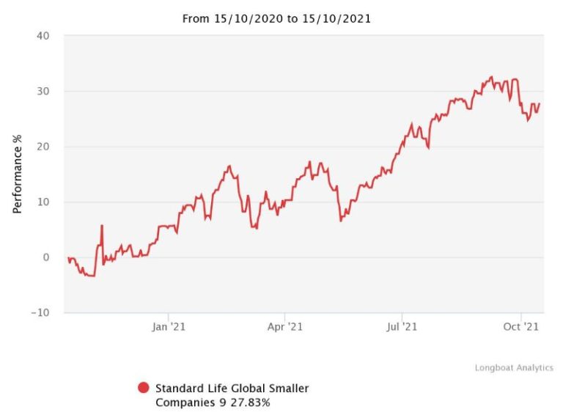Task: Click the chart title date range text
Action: (x=276, y=19)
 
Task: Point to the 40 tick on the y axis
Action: (x=44, y=36)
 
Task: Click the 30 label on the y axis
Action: (x=44, y=92)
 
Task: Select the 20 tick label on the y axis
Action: (x=44, y=147)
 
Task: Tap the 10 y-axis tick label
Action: (x=44, y=202)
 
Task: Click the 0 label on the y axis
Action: (x=47, y=257)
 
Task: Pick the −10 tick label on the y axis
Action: (x=40, y=312)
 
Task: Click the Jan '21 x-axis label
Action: (x=169, y=327)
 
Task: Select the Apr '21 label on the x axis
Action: (x=284, y=327)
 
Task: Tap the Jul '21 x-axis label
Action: (x=401, y=327)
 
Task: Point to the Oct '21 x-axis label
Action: (x=521, y=327)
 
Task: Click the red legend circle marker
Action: (x=143, y=388)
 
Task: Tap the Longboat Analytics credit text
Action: (x=514, y=367)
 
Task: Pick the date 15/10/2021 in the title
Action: (x=335, y=19)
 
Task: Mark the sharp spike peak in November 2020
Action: (x=102, y=226)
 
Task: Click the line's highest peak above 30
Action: (x=491, y=76)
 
